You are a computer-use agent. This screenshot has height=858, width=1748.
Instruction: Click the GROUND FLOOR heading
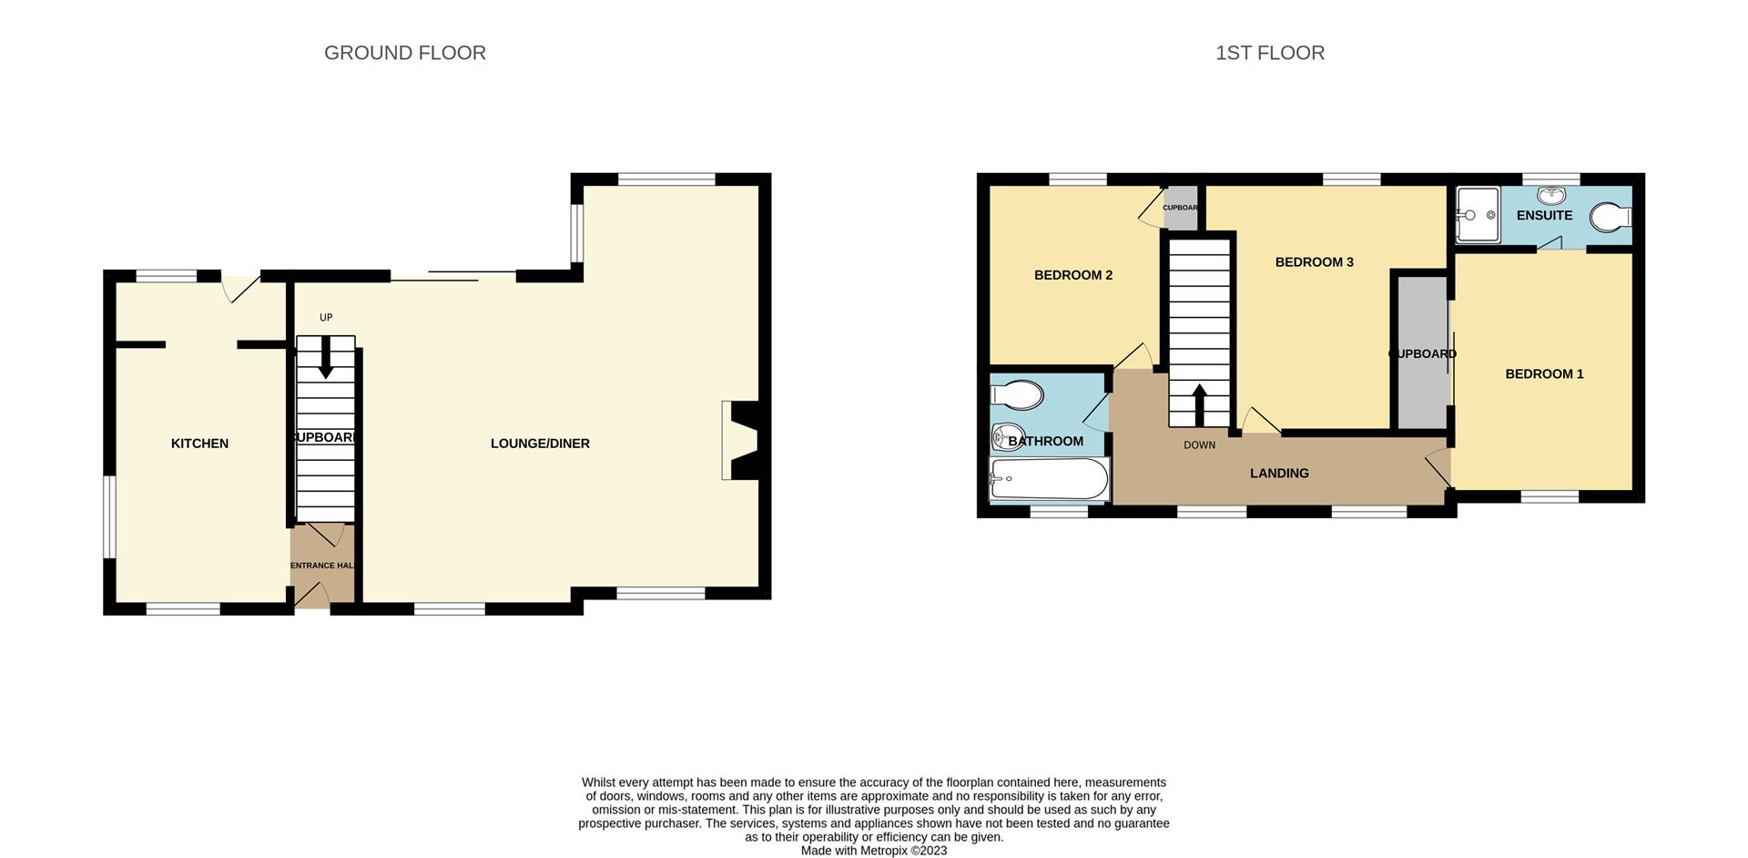405,53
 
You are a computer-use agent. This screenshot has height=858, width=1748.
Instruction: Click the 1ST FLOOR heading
1270,53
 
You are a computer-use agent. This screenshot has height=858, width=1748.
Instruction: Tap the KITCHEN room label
199,444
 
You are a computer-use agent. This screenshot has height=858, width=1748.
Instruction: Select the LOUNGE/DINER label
540,444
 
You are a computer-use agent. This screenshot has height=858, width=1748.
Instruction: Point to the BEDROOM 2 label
1073,275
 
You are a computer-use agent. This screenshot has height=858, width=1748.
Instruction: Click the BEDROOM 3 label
1314,262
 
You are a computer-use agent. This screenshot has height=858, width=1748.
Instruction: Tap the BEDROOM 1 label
1544,373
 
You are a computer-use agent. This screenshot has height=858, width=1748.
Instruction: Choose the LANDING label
1279,473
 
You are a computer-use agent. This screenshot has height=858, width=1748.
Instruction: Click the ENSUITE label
1544,215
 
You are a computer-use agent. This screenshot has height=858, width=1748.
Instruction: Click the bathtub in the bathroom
1050,479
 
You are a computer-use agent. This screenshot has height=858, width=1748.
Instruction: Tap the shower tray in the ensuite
1478,215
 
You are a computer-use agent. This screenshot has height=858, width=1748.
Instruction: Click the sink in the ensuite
1551,195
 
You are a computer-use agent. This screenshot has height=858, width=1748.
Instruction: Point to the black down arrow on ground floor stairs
325,363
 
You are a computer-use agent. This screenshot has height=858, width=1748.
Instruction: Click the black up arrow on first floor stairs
1199,403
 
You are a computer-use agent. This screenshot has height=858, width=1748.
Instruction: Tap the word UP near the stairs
326,318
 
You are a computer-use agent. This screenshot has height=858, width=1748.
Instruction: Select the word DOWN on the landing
1199,445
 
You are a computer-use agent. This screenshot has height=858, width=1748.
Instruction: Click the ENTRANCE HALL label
321,566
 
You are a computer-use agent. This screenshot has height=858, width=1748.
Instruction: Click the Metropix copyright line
874,851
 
